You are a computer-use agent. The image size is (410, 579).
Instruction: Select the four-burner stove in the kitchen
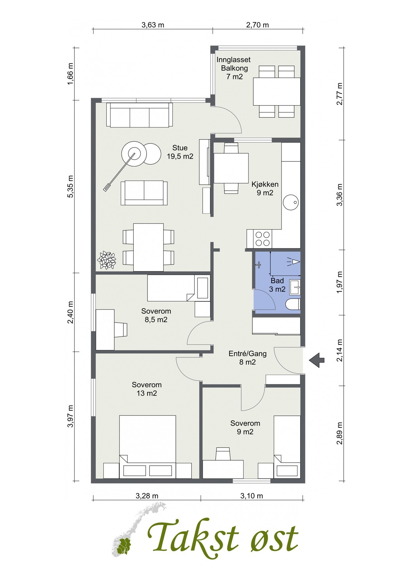[x=262, y=238]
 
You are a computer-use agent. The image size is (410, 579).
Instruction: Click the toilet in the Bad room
[x=293, y=305]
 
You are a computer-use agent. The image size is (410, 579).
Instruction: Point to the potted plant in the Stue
[x=107, y=260]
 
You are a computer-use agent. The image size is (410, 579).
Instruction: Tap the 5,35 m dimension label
[x=71, y=187]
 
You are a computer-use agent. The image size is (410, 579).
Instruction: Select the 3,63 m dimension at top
[x=153, y=25]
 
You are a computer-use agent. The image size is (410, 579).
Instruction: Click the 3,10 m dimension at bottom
[x=252, y=496]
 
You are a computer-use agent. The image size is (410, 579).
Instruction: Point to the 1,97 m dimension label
[x=339, y=282]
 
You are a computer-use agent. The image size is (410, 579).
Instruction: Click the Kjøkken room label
[x=265, y=188]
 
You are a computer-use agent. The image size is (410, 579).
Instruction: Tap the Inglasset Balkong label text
[x=234, y=68]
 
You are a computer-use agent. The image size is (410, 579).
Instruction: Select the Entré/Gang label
[x=247, y=358]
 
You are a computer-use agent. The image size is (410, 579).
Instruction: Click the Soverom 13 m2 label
[x=147, y=389]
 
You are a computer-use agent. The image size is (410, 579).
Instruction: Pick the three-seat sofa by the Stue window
[x=139, y=115]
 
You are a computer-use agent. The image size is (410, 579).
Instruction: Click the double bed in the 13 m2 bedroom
[x=148, y=447]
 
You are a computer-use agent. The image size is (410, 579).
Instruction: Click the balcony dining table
[x=277, y=91]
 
